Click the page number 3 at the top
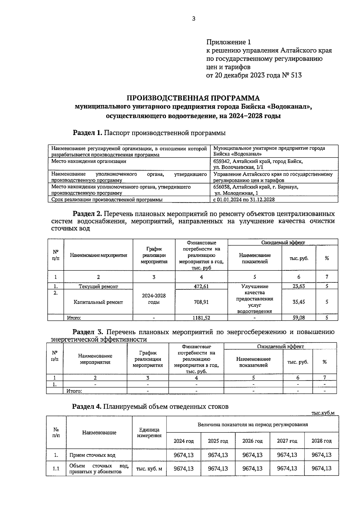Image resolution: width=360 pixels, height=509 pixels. tap(193, 19)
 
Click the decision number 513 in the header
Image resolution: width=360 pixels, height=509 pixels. tap(296, 75)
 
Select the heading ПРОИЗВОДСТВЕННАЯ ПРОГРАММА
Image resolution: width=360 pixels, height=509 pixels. tap(193, 98)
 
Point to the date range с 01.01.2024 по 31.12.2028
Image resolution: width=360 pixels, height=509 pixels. tap(244, 200)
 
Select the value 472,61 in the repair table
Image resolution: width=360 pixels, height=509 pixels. tap(201, 286)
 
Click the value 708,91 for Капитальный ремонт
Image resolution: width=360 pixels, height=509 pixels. tap(201, 302)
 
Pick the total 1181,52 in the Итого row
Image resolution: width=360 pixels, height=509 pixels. tap(201, 318)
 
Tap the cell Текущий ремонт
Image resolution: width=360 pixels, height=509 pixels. tap(98, 287)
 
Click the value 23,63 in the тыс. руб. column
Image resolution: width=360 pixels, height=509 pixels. tap(298, 286)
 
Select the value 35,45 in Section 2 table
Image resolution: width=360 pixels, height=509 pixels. tap(298, 302)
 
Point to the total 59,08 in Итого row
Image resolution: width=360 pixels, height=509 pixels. tap(298, 318)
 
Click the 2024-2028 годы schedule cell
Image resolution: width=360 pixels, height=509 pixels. tap(154, 299)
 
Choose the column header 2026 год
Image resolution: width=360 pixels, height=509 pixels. tap(252, 441)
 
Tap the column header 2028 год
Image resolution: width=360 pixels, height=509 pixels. tap(321, 441)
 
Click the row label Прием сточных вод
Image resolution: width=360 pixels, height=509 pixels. tap(92, 455)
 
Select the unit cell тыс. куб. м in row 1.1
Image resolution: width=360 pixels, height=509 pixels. tap(149, 469)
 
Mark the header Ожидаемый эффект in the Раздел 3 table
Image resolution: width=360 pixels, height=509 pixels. tap(280, 347)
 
